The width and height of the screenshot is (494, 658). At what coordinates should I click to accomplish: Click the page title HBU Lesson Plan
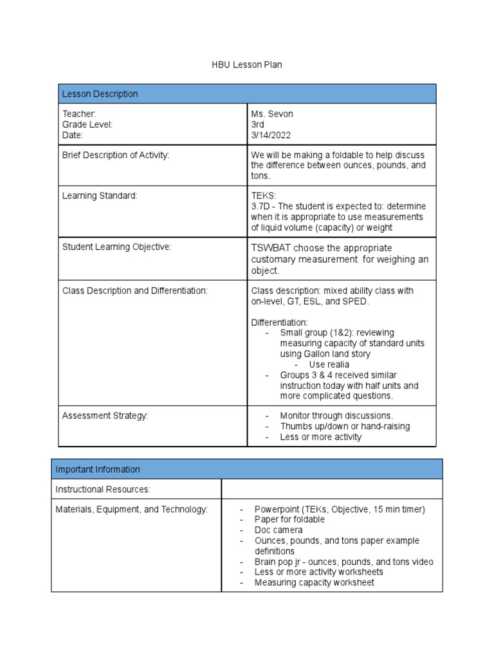[247, 65]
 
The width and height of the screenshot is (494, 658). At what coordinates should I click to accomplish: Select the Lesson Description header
[100, 94]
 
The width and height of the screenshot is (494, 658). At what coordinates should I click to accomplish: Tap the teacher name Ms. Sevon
[271, 114]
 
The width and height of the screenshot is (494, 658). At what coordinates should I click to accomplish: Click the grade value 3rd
[258, 125]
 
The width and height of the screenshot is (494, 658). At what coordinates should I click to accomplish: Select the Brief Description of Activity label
[115, 156]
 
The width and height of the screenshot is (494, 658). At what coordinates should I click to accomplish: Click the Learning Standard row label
[100, 195]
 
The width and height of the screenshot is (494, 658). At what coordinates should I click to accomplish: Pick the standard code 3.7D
[260, 206]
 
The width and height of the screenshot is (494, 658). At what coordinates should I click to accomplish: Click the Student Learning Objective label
[116, 247]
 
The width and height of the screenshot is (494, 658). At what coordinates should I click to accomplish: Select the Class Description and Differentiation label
[134, 290]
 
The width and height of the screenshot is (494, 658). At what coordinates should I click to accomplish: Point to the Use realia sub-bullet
[329, 364]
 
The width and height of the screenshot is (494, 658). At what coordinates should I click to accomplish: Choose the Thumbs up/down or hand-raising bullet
[345, 427]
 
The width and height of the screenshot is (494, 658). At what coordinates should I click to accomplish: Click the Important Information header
[97, 469]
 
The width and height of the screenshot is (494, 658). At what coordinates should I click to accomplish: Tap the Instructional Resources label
[103, 490]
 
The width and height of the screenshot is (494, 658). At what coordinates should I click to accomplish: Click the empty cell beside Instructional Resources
[331, 490]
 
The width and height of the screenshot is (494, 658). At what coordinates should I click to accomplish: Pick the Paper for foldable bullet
[289, 520]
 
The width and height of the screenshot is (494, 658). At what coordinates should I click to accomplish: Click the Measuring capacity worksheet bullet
[314, 582]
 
